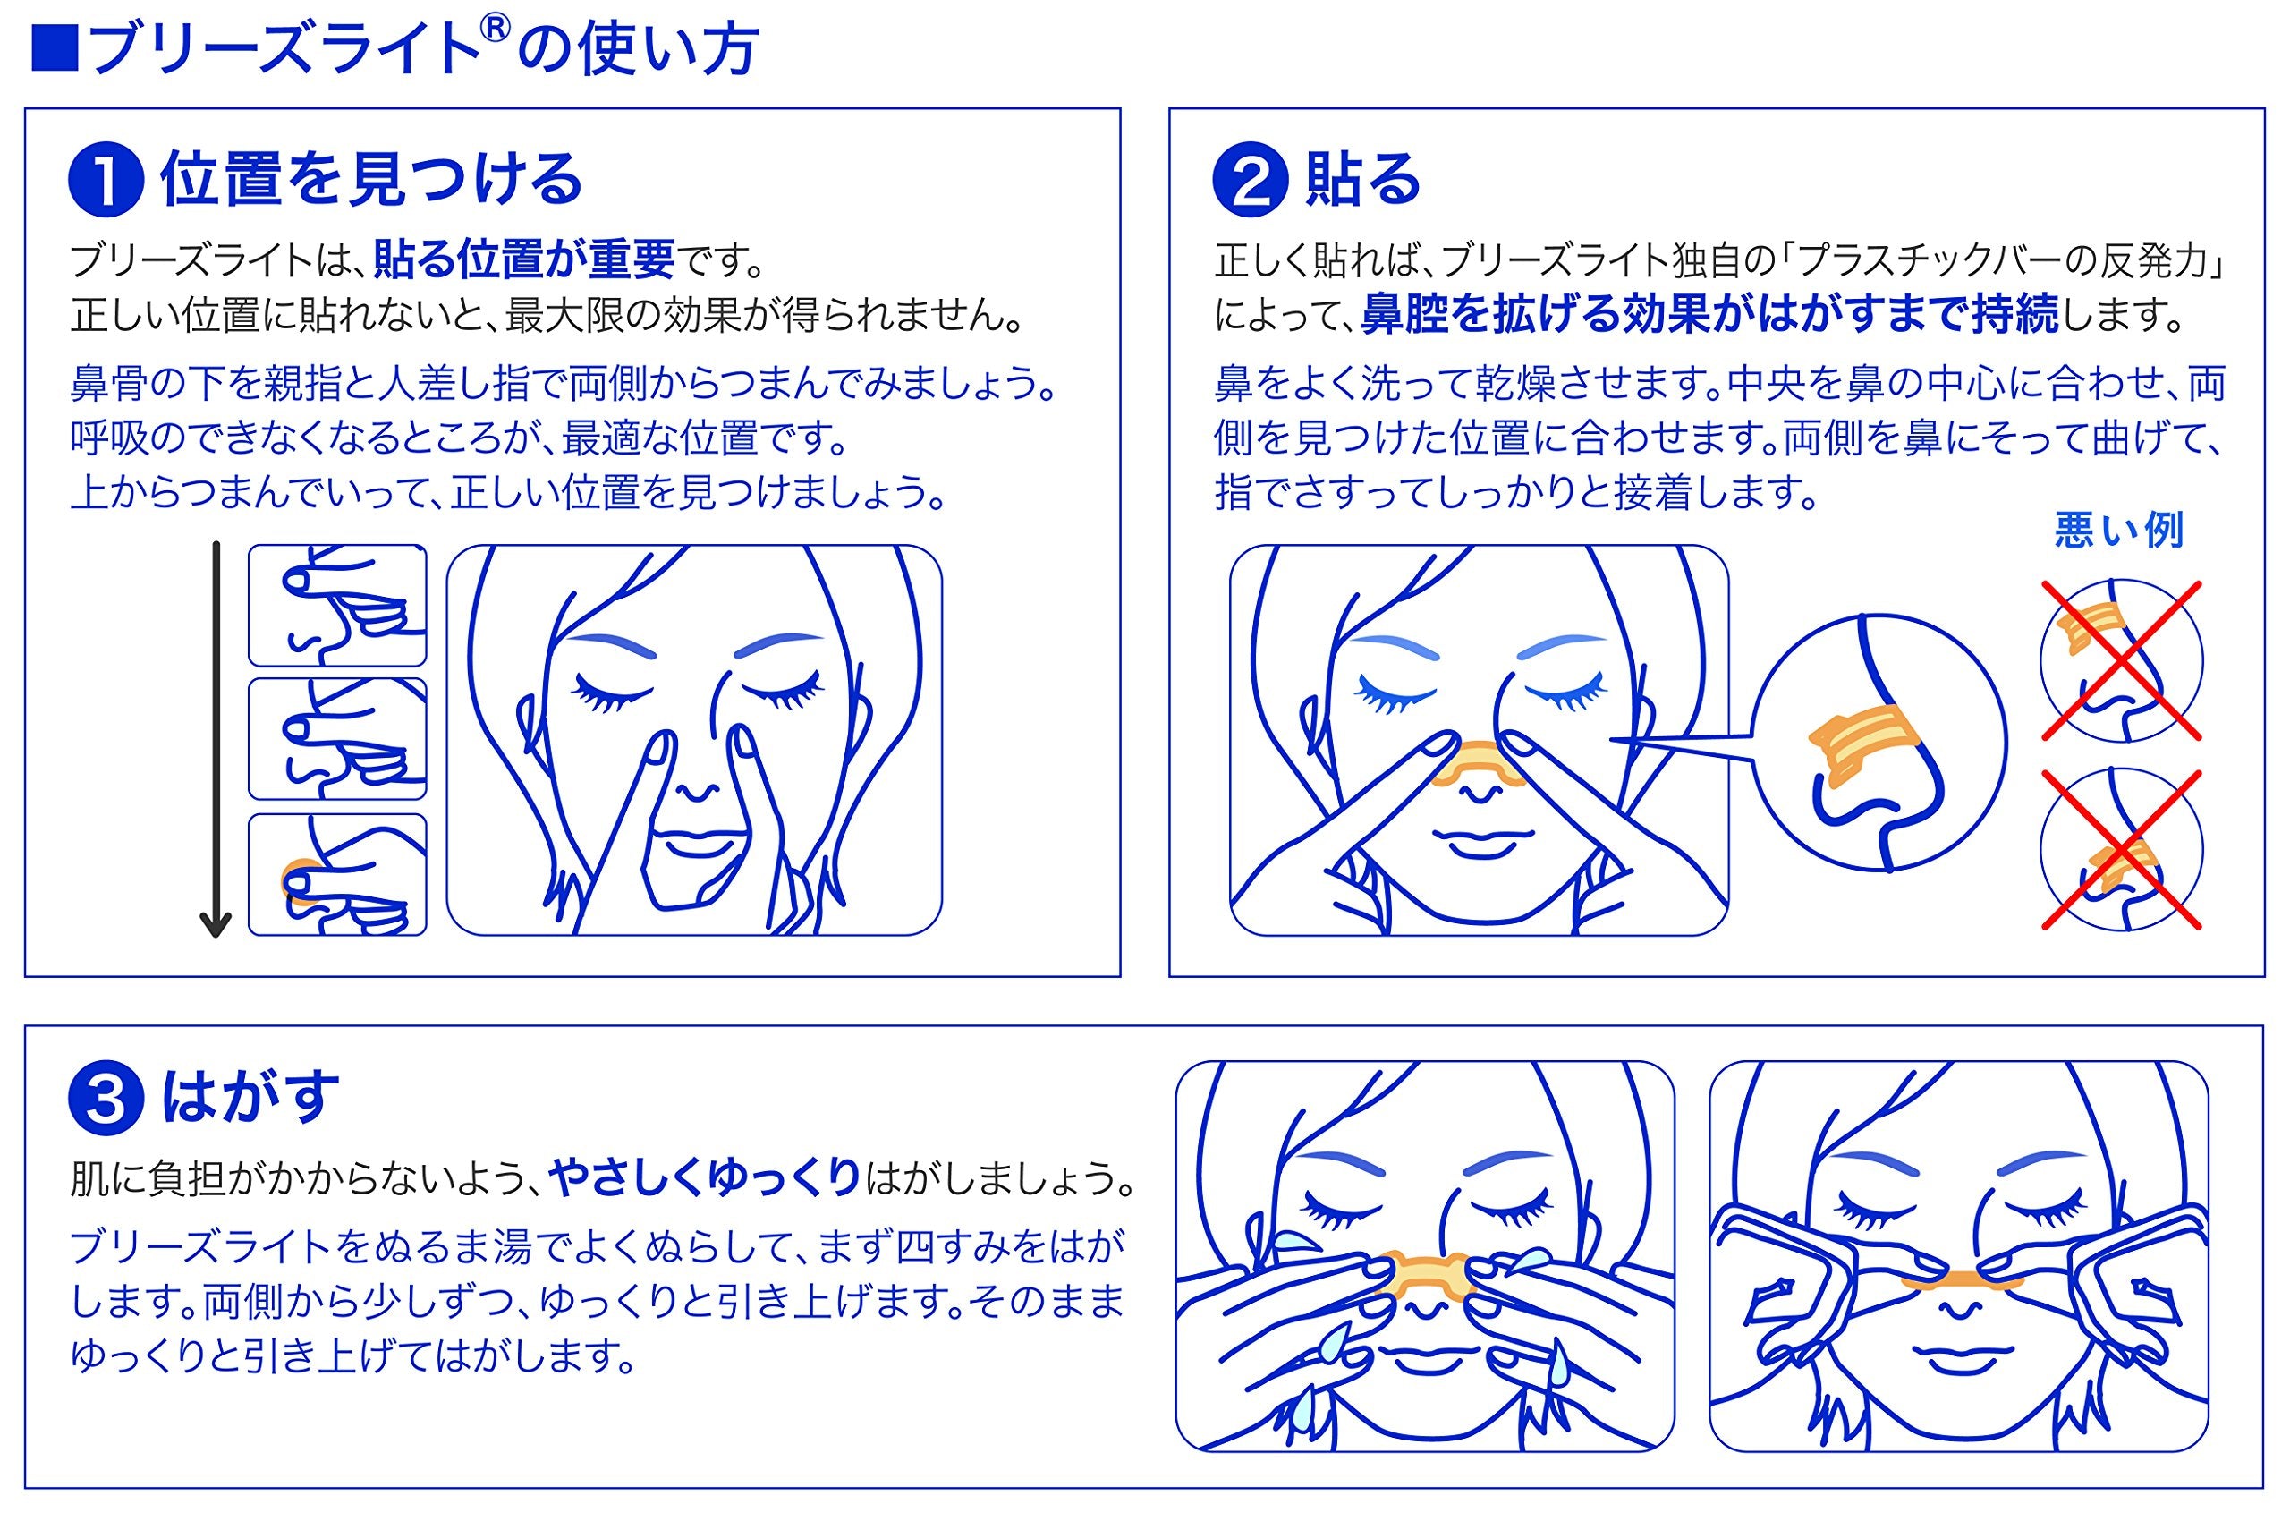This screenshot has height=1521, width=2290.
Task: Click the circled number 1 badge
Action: click(106, 183)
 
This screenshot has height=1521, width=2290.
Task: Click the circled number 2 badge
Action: click(1250, 183)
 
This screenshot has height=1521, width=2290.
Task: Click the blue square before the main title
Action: click(55, 48)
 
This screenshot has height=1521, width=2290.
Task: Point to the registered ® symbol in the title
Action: click(495, 31)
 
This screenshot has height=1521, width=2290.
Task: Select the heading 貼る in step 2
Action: click(1362, 181)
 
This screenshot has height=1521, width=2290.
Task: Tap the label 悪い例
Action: click(2118, 531)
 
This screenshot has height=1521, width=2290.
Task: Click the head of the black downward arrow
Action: click(216, 922)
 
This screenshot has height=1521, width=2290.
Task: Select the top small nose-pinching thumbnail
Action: click(336, 606)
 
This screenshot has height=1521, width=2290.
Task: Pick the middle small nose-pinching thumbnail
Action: click(336, 739)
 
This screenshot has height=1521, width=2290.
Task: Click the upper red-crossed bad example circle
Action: click(2121, 661)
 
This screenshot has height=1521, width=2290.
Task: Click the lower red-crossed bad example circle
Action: click(2121, 850)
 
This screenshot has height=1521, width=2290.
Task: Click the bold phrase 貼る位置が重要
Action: click(524, 260)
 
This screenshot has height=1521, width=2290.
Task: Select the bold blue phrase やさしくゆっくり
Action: click(705, 1178)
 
